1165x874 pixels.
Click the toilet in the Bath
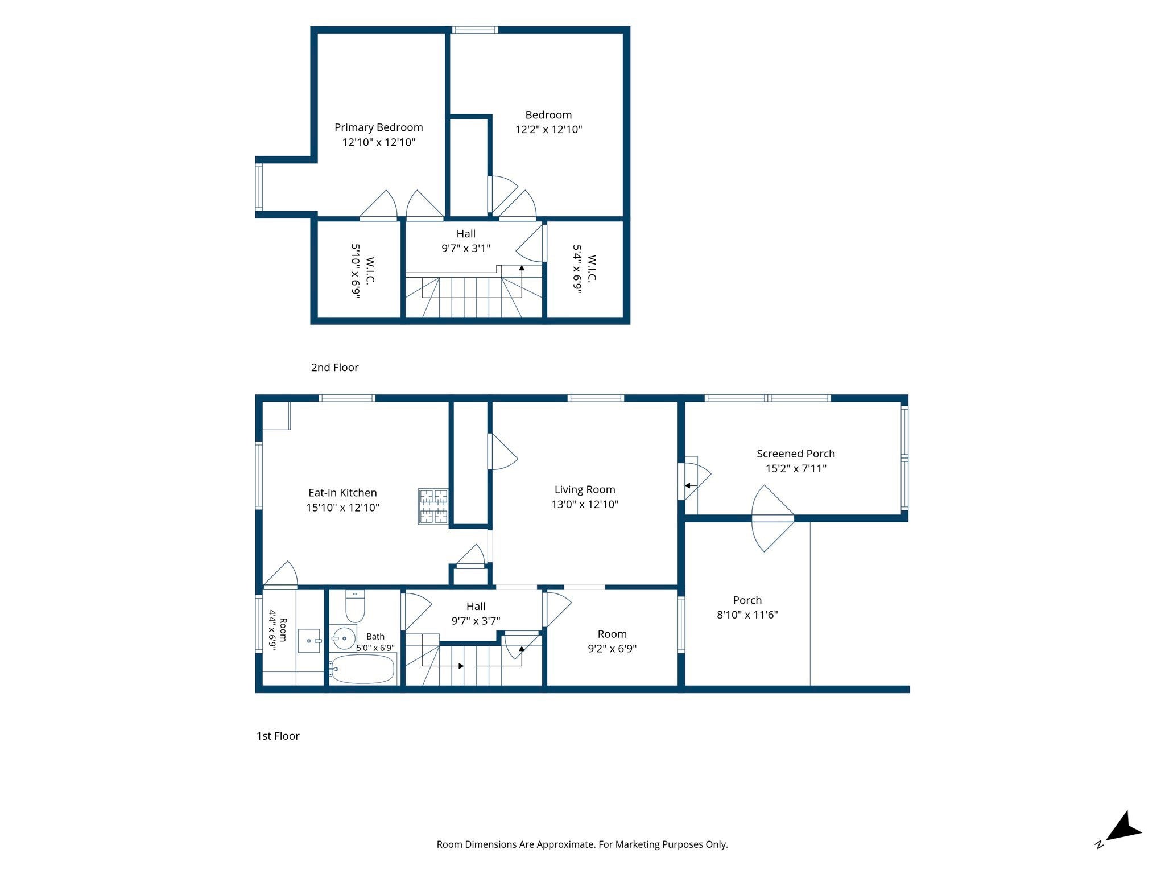[x=355, y=607]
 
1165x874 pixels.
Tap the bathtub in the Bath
[x=362, y=669]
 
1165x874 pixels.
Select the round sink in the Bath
[x=344, y=638]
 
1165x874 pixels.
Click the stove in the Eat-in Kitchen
[x=433, y=506]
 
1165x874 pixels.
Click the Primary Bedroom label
[x=378, y=127]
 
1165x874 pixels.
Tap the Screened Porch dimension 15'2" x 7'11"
[x=796, y=468]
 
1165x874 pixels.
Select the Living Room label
[x=585, y=489]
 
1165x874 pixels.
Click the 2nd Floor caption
[x=334, y=368]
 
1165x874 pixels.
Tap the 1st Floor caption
[x=278, y=736]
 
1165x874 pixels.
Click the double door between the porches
[x=773, y=518]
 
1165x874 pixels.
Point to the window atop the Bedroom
[x=475, y=30]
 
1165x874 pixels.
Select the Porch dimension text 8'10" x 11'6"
[x=747, y=615]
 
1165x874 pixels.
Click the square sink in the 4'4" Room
[x=309, y=641]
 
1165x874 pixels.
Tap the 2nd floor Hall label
[x=466, y=234]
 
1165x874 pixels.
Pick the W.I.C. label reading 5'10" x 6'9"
[x=362, y=271]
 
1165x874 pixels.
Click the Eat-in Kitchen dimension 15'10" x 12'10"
[x=342, y=508]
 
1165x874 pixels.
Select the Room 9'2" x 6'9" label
[x=612, y=641]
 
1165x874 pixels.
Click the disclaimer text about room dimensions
[x=582, y=844]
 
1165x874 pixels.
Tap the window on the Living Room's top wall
[x=596, y=398]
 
